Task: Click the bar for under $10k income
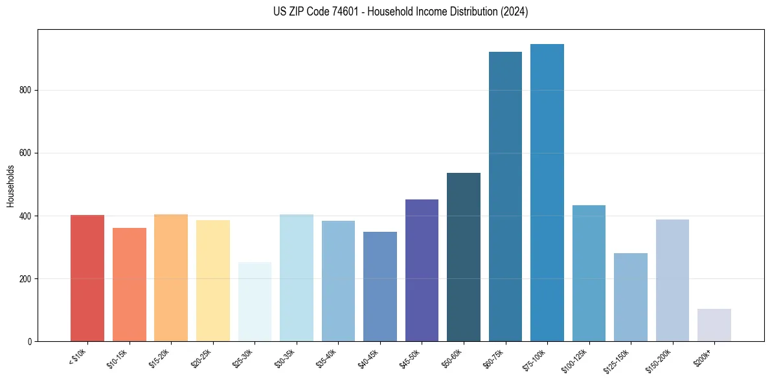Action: (87, 278)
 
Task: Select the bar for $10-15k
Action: (129, 285)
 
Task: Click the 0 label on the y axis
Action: (30, 342)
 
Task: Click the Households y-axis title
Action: (11, 186)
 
